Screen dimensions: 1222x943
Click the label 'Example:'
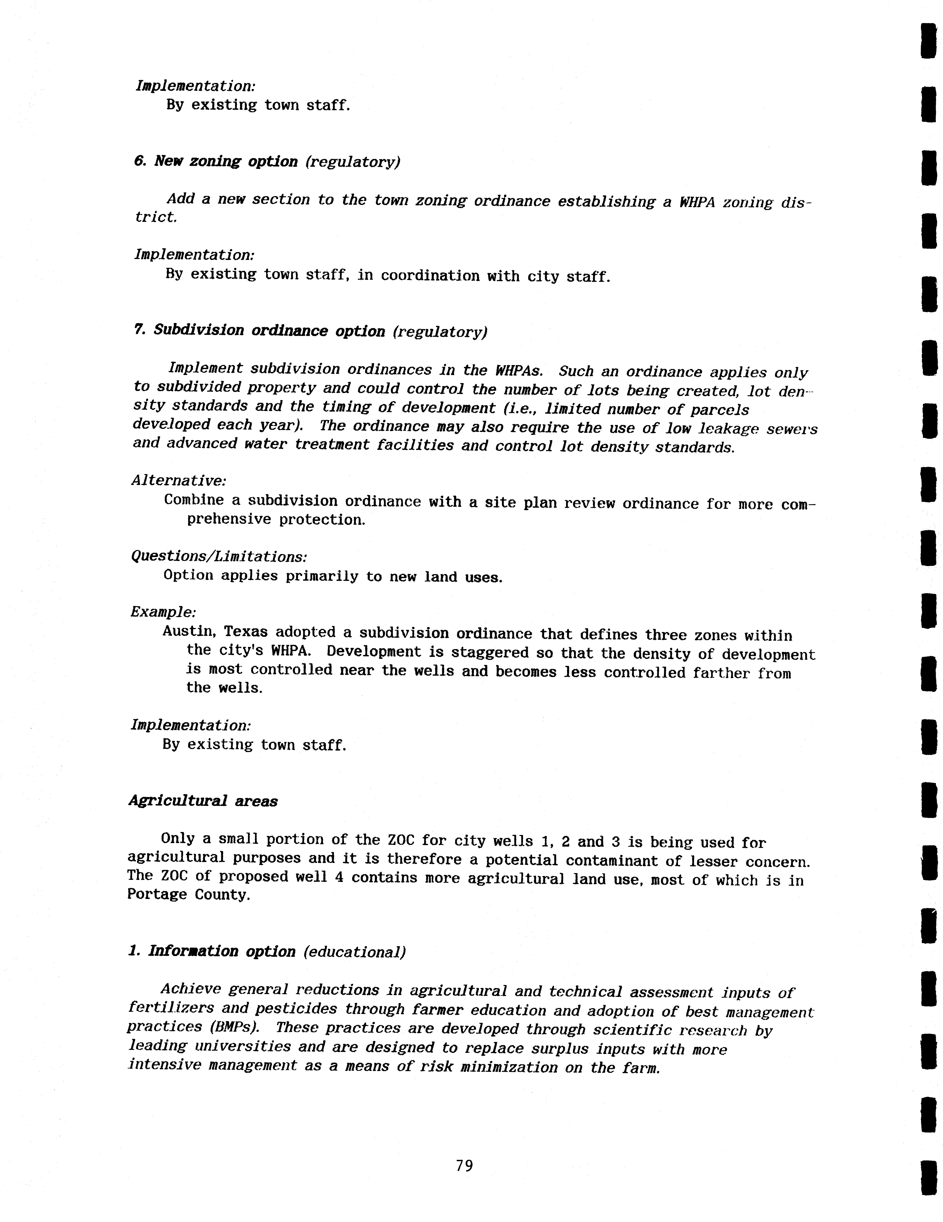[163, 612]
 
